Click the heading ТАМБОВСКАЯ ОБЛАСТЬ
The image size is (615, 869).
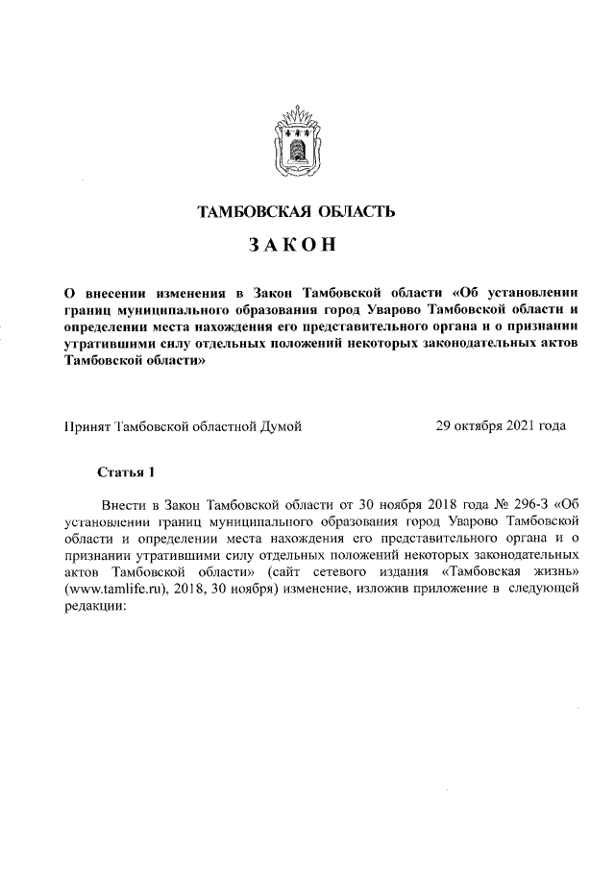point(295,211)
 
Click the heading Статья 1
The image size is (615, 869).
point(126,471)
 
